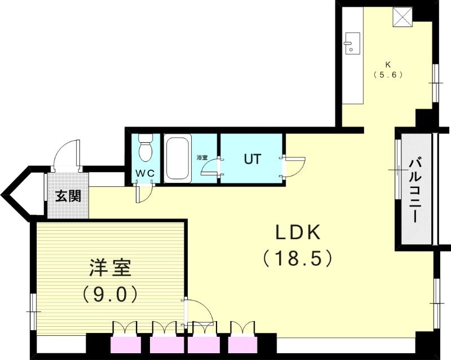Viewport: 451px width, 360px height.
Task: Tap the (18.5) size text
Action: tap(299, 258)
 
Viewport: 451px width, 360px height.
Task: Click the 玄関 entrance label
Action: tap(68, 196)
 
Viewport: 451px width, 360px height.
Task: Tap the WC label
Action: tap(144, 174)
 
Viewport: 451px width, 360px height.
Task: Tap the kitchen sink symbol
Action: tap(352, 43)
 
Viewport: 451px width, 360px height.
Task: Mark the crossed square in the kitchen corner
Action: tap(402, 17)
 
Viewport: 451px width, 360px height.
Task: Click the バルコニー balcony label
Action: tap(416, 189)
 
